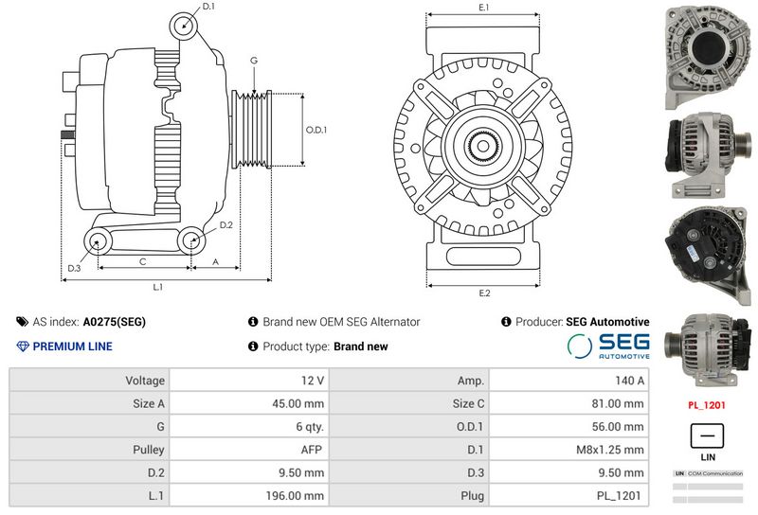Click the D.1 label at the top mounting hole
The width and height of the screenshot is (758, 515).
pos(208,8)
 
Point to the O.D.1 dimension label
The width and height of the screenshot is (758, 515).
pos(316,130)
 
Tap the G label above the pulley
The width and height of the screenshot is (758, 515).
pos(254,61)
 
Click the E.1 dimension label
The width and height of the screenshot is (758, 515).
pos(483,8)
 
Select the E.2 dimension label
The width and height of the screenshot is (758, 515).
pos(484,293)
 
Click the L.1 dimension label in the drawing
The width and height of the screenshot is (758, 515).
pos(158,287)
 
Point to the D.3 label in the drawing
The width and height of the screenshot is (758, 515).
pos(74,269)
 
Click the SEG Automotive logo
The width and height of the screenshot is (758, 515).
pos(608,346)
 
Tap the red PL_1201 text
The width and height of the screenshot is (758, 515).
pos(708,404)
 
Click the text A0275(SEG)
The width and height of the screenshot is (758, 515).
pos(115,322)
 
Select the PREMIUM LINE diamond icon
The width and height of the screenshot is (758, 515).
pos(23,346)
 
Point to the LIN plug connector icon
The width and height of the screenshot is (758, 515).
pos(707,436)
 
